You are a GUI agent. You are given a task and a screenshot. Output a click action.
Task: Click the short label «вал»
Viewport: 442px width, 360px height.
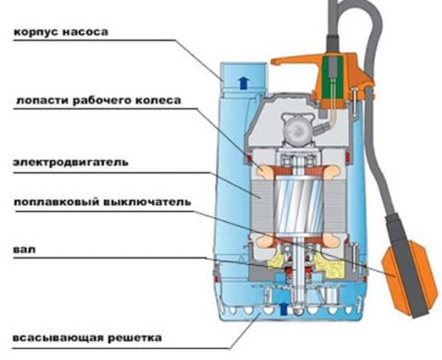coord(21,250)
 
